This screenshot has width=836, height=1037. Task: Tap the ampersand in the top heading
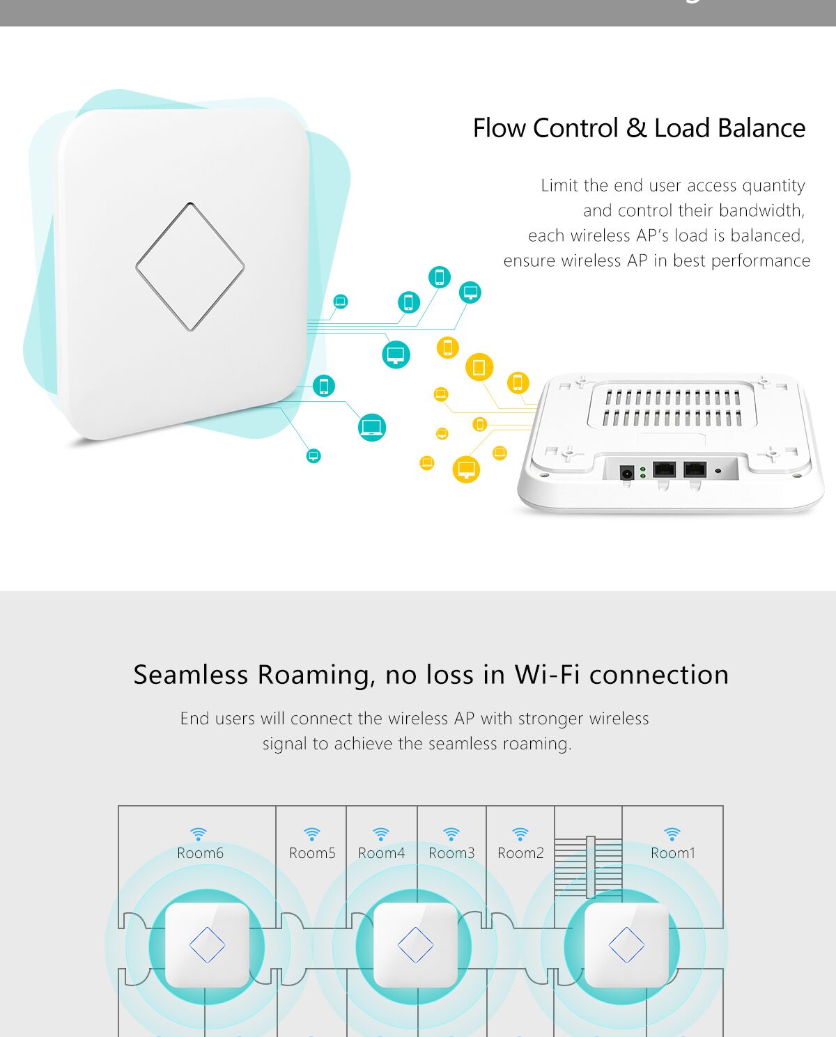[636, 129]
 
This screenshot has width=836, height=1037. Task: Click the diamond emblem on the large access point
[190, 267]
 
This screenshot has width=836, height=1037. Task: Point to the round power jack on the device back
[626, 473]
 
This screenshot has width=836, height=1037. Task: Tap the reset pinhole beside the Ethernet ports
[718, 471]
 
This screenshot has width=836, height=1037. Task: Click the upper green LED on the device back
[642, 469]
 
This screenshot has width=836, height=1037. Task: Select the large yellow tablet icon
[479, 367]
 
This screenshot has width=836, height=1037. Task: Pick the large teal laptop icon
[372, 428]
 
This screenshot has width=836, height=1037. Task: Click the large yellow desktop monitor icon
[466, 469]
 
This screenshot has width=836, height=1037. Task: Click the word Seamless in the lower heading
[190, 675]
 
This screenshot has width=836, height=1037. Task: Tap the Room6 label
[200, 853]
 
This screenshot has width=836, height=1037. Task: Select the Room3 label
[451, 853]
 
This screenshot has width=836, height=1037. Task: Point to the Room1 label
[673, 853]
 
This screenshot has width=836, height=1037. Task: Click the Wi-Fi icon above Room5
[312, 834]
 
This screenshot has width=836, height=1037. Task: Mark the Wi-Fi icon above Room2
[520, 834]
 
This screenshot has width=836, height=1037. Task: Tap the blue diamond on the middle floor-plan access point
[415, 945]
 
